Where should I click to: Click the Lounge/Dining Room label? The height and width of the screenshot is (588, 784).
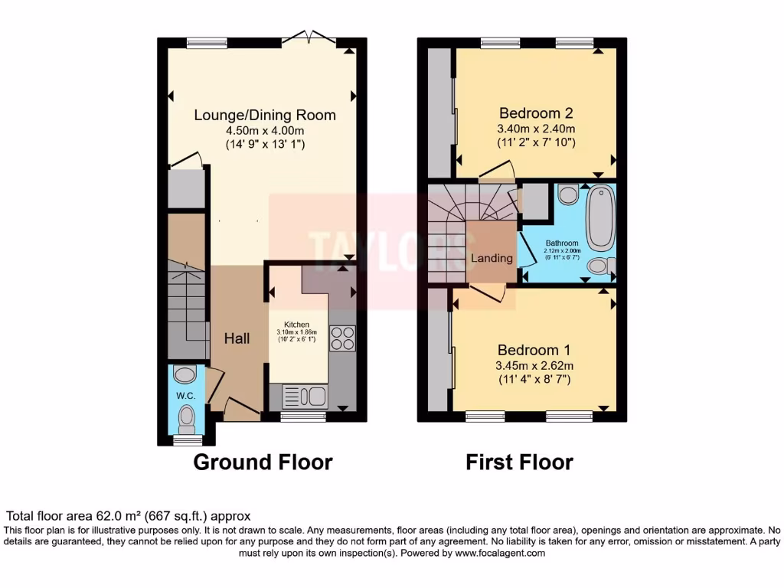coord(265,115)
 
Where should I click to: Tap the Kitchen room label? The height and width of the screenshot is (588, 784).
coord(297,325)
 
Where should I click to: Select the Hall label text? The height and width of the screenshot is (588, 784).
coord(237,338)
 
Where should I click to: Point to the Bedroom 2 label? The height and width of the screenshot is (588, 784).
coord(536,113)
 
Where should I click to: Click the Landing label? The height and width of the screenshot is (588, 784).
coord(492,258)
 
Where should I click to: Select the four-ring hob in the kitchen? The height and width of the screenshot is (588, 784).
coord(342,338)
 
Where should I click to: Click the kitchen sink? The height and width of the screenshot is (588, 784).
coord(305,396)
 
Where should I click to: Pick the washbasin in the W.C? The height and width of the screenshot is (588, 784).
coord(185,374)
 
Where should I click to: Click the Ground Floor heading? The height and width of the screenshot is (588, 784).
coord(263,462)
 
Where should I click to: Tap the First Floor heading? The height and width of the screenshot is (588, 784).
coord(519,462)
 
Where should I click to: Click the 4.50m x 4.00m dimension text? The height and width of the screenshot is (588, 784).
coord(265,130)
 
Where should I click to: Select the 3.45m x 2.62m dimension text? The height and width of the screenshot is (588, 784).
coord(534,365)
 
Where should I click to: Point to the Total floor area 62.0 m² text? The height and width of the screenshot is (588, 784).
coord(129,516)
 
